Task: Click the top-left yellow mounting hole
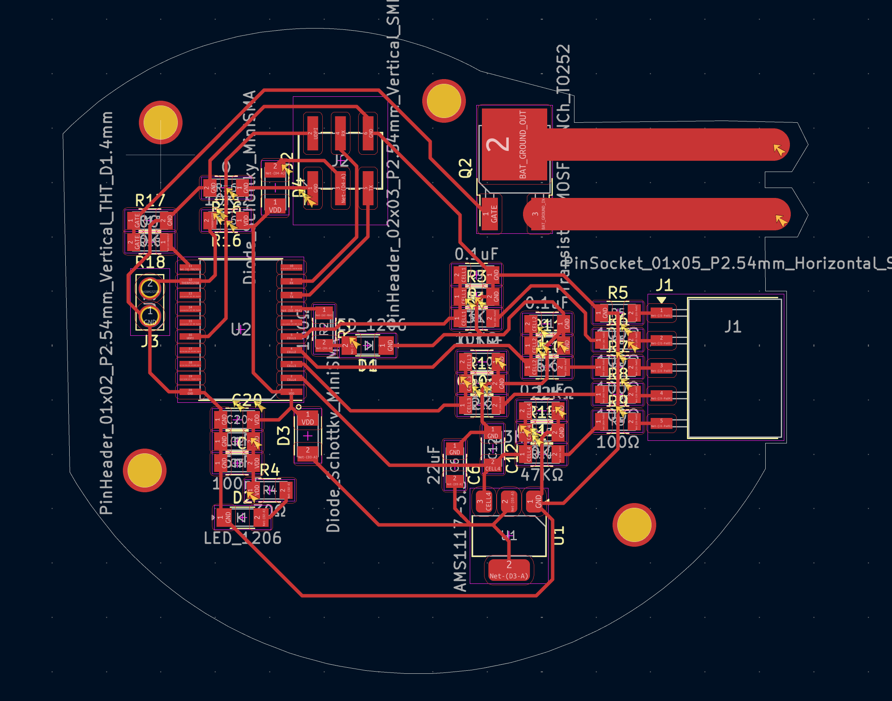(160, 122)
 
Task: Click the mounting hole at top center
(444, 101)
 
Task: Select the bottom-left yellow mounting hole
(144, 470)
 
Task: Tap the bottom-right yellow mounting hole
(634, 525)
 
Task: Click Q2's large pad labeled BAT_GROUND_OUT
(514, 144)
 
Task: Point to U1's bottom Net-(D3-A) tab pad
(509, 570)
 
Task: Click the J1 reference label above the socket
(664, 285)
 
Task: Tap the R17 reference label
(150, 201)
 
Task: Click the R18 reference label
(150, 262)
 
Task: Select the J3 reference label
(150, 341)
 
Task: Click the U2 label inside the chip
(241, 330)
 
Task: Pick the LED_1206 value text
(242, 538)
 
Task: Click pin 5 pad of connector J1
(661, 423)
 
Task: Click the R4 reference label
(270, 470)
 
